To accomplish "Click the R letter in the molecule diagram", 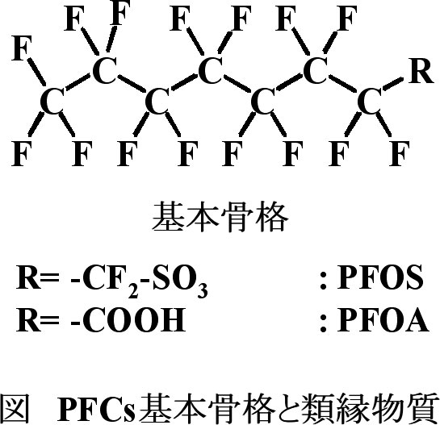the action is (x=421, y=71).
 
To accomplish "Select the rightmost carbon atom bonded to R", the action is (x=370, y=102).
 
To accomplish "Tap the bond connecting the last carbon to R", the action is (x=393, y=85).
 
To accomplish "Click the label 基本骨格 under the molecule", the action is (x=220, y=216).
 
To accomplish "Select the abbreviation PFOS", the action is (x=380, y=277).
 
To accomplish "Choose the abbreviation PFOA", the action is (x=383, y=319).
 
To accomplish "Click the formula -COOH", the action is (x=128, y=319).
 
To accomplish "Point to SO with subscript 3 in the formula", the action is (x=179, y=280).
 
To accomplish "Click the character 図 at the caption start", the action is (x=14, y=408).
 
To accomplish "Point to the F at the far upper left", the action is (x=22, y=48).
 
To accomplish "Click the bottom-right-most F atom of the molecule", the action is (x=400, y=153).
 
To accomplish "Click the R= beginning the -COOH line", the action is (x=38, y=319).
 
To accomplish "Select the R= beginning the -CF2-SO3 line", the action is (x=38, y=277).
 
